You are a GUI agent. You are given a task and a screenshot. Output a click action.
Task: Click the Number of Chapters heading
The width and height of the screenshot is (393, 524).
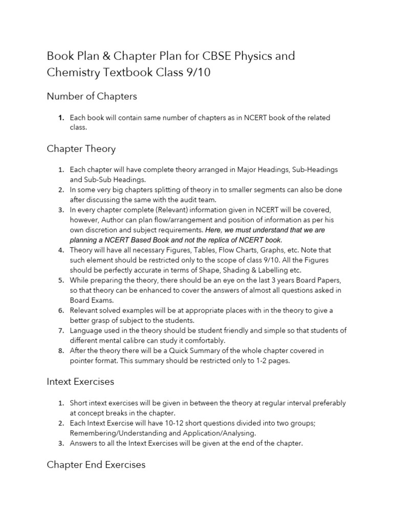[x=92, y=96]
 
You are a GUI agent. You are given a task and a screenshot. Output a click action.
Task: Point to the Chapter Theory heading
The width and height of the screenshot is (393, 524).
[x=81, y=149]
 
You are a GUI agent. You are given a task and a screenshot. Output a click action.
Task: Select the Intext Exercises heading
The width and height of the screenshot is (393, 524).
[x=80, y=382]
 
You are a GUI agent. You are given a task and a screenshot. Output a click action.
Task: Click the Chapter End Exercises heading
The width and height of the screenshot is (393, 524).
[x=96, y=465]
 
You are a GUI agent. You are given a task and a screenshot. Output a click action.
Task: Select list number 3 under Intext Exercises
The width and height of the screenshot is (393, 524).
[x=60, y=443]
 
